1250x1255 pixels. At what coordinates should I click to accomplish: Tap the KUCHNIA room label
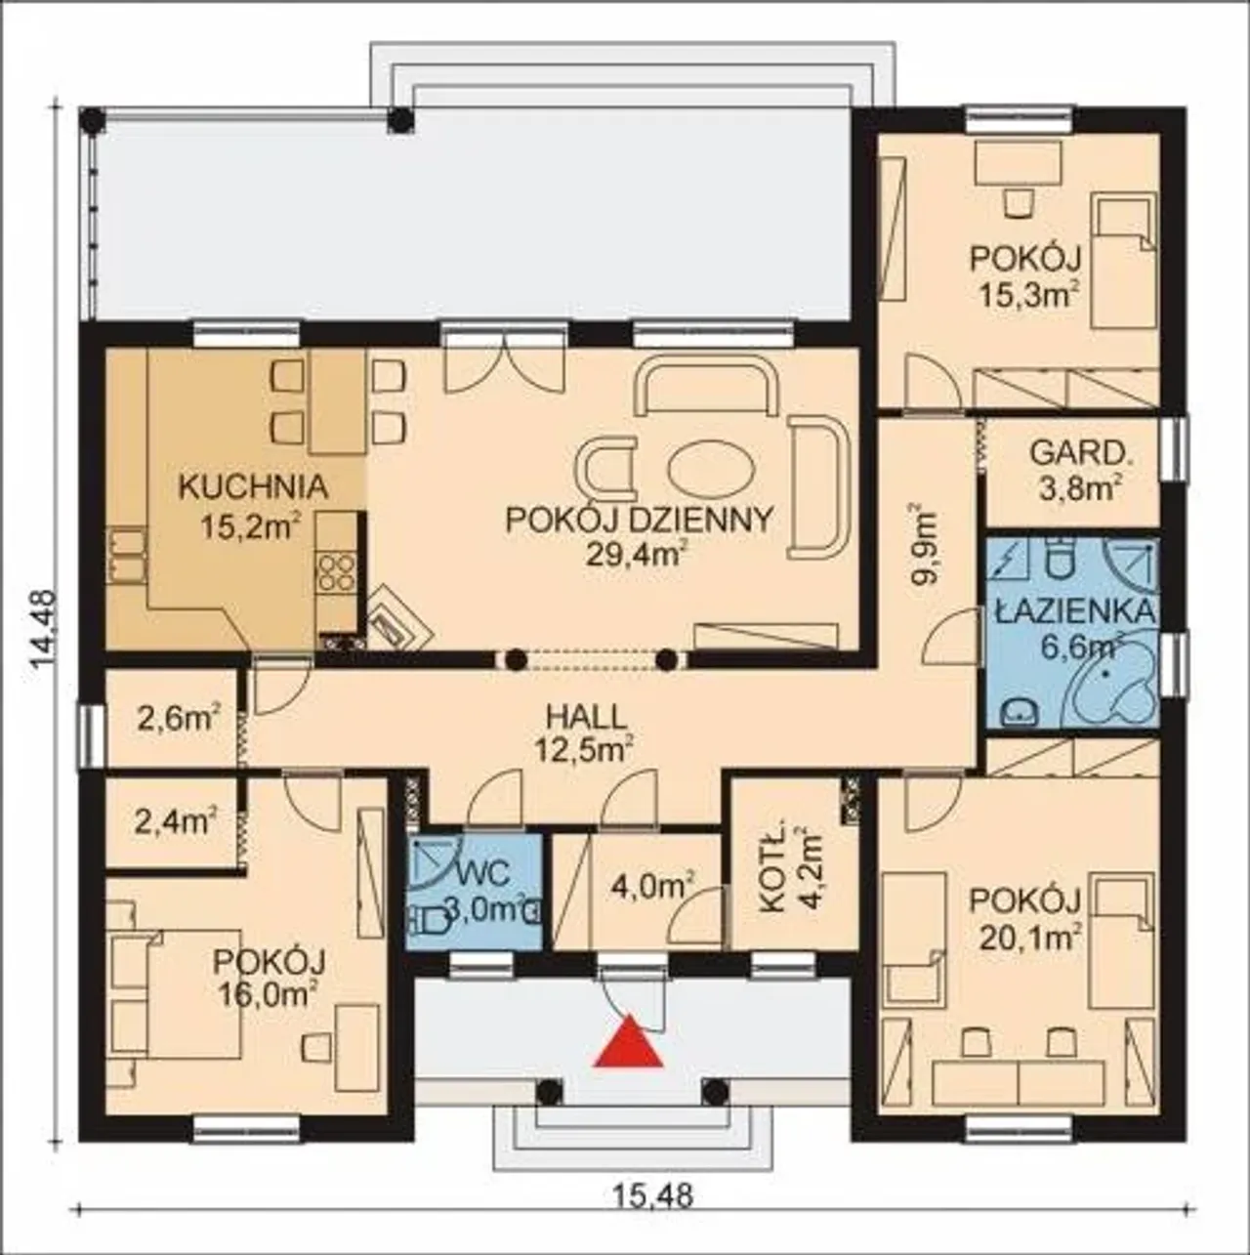(253, 487)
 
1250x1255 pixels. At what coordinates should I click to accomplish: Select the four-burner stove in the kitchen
(336, 573)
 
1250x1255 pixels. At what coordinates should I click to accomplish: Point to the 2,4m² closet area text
(175, 820)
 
